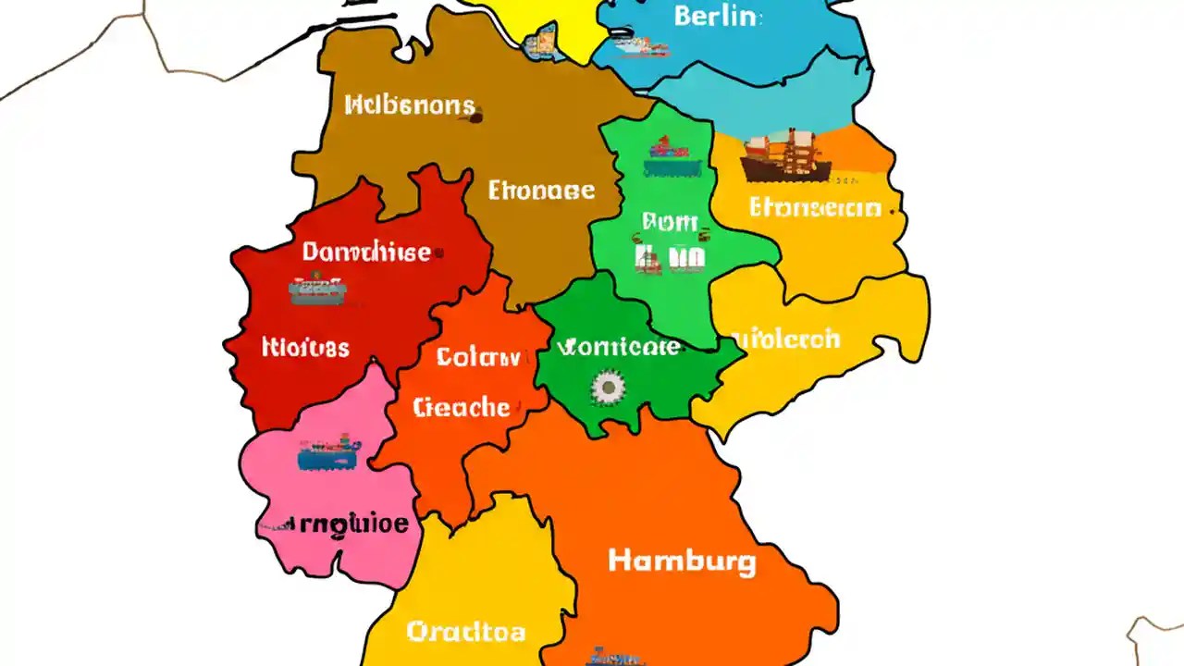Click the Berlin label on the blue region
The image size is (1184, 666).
pyautogui.click(x=718, y=16)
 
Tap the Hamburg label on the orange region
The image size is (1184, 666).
pyautogui.click(x=682, y=561)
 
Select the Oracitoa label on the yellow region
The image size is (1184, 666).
pyautogui.click(x=466, y=632)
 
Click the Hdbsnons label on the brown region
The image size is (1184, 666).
pyautogui.click(x=411, y=105)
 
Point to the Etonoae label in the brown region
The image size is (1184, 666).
pyautogui.click(x=541, y=191)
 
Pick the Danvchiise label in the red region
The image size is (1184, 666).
pyautogui.click(x=366, y=252)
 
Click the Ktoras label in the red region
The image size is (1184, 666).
pyautogui.click(x=305, y=348)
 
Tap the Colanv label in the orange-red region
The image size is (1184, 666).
pyautogui.click(x=478, y=357)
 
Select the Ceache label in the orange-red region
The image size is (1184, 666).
pyautogui.click(x=462, y=407)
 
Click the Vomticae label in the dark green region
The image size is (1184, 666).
pyautogui.click(x=619, y=348)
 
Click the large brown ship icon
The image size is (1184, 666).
pyautogui.click(x=784, y=155)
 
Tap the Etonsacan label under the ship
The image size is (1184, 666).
pyautogui.click(x=815, y=207)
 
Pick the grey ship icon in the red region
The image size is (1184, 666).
pyautogui.click(x=316, y=290)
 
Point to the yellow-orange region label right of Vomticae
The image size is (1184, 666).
pyautogui.click(x=785, y=339)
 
